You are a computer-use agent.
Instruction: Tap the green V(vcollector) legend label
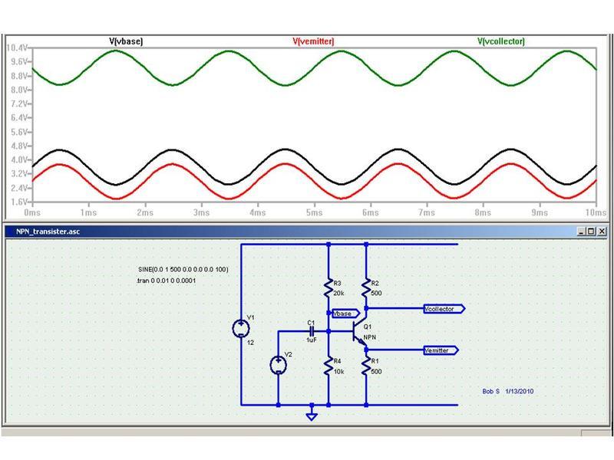501,41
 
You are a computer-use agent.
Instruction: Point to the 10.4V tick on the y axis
17,48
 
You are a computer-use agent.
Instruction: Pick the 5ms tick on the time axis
312,212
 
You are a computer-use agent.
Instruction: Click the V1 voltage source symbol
242,329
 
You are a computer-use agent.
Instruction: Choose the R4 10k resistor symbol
328,366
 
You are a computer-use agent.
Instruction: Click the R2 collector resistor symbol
366,285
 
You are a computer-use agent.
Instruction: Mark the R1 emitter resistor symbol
366,366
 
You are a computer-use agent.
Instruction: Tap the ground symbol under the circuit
312,416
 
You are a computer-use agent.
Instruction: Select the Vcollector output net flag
444,308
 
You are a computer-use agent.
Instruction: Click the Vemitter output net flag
441,350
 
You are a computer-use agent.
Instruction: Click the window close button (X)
602,231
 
